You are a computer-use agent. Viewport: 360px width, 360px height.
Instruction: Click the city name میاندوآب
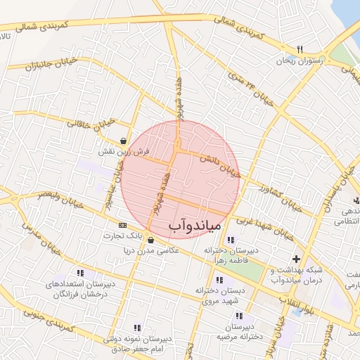point(195,225)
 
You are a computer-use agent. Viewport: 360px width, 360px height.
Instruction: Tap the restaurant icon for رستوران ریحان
point(300,49)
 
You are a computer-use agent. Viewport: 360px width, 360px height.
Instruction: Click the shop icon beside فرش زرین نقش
point(124,140)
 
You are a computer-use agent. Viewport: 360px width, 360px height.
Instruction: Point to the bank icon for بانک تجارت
point(124,225)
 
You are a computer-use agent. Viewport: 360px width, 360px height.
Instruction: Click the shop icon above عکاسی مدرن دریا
point(150,240)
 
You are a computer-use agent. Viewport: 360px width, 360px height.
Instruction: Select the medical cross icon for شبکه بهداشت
point(296,259)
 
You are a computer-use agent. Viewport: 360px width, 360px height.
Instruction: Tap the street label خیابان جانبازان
point(30,67)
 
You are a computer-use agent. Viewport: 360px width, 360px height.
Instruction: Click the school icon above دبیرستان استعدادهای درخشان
point(81,273)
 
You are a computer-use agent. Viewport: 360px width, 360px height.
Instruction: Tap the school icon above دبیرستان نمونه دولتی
point(136,328)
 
